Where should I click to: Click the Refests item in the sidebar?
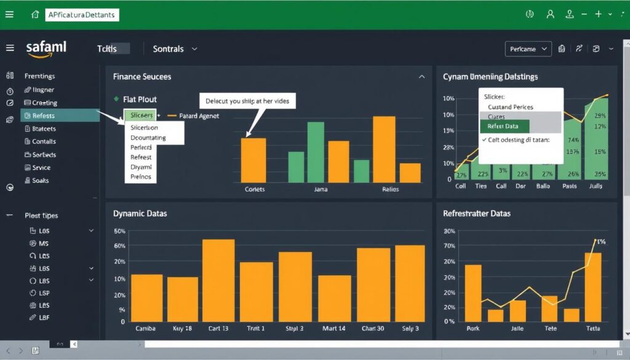coord(43,116)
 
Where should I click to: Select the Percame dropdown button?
coord(528,49)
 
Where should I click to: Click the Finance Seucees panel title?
coord(142,77)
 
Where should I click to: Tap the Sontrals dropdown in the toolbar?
coord(175,49)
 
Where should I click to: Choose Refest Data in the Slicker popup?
coord(503,126)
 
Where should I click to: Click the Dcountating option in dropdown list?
coord(148,137)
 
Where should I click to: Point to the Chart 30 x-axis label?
coord(372,329)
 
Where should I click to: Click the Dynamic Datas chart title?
coord(140,214)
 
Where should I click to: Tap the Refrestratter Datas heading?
coord(477,214)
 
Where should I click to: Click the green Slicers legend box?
coord(141,115)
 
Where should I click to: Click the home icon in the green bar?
coord(35,14)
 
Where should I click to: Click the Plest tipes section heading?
coord(41,216)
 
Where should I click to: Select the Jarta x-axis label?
coord(321,190)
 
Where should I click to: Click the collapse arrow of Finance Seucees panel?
coord(421,77)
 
